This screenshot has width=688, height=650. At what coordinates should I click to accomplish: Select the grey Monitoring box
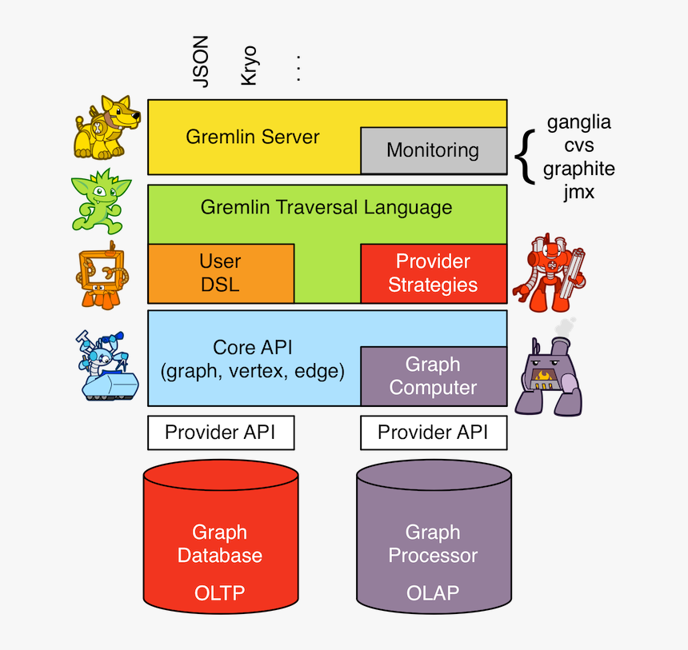click(433, 150)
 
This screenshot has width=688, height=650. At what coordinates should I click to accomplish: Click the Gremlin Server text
click(252, 137)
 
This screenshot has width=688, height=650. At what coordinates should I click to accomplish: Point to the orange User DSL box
click(220, 273)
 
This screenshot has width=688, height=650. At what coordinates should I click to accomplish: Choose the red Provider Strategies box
click(433, 273)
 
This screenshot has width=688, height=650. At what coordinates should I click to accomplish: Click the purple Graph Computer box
click(433, 376)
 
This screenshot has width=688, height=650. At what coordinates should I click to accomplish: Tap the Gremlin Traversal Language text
click(326, 208)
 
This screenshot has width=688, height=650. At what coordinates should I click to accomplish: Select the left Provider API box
click(220, 433)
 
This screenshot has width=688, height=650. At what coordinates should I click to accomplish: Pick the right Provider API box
click(433, 433)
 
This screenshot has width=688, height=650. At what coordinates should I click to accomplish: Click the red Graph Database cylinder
click(220, 544)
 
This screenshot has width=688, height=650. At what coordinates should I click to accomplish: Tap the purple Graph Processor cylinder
click(433, 544)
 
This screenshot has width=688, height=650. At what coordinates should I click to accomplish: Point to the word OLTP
click(220, 593)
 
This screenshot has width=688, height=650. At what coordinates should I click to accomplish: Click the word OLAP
click(433, 593)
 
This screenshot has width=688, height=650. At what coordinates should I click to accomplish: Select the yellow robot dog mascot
click(106, 128)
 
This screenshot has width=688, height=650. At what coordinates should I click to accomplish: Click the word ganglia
click(578, 122)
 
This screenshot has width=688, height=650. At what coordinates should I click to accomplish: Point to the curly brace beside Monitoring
click(524, 156)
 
